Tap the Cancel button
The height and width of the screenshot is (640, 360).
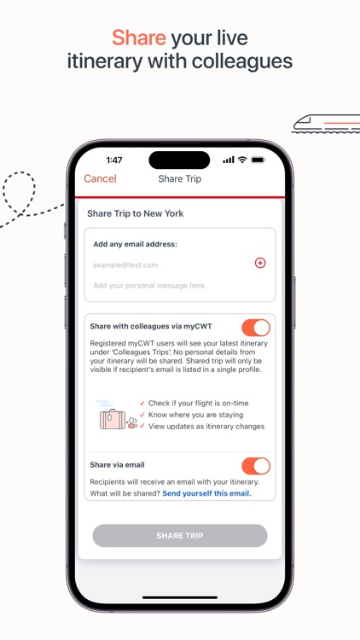pyautogui.click(x=100, y=179)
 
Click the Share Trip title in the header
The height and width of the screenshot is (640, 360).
pyautogui.click(x=180, y=179)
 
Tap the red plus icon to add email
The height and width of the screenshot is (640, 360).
pyautogui.click(x=260, y=263)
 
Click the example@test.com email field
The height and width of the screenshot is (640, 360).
pyautogui.click(x=125, y=265)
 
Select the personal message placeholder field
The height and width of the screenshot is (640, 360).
pyautogui.click(x=150, y=285)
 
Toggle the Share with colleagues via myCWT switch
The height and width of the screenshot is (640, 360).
pyautogui.click(x=256, y=328)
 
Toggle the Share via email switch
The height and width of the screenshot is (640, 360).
pyautogui.click(x=256, y=466)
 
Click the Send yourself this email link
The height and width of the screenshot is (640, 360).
pyautogui.click(x=207, y=493)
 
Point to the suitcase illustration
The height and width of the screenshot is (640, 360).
pyautogui.click(x=113, y=419)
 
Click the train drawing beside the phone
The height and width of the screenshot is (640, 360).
pyautogui.click(x=326, y=124)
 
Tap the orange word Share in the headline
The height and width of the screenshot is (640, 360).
pyautogui.click(x=139, y=38)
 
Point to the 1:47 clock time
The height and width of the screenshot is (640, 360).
pyautogui.click(x=114, y=160)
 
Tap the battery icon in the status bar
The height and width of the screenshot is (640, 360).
pyautogui.click(x=258, y=160)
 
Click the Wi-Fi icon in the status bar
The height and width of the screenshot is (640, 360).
pyautogui.click(x=242, y=160)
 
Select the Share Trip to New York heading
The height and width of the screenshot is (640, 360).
pyautogui.click(x=136, y=213)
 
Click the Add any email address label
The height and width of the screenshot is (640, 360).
pyautogui.click(x=135, y=244)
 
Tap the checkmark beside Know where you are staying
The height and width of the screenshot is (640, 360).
pyautogui.click(x=142, y=415)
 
